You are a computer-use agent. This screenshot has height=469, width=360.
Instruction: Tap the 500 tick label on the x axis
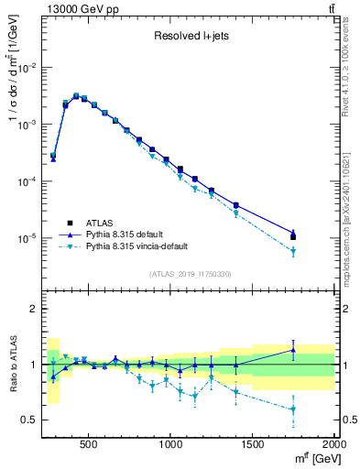[x=89, y=446]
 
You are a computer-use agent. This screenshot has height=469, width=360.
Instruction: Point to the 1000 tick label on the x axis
[x=171, y=446]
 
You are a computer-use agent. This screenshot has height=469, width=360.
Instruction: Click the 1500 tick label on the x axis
[x=253, y=446]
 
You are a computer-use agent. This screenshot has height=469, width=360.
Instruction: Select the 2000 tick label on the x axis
[x=334, y=446]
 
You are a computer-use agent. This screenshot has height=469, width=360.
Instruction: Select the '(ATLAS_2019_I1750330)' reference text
[x=191, y=274]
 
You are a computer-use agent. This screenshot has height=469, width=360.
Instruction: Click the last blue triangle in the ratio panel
[x=293, y=350]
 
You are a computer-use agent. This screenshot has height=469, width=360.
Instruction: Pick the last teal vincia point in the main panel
[x=293, y=251]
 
